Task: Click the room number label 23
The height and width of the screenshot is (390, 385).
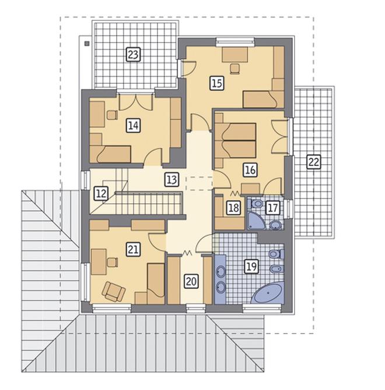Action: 134,54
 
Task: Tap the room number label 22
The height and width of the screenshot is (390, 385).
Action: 313,162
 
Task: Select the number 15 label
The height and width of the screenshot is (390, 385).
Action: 217,83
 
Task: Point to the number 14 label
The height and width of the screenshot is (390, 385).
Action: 133,125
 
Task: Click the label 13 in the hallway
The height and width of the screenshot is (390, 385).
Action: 171,179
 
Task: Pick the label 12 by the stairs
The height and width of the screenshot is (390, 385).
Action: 101,193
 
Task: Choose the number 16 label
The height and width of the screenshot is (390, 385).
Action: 250,170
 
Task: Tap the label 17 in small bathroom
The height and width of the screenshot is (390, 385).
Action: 272,208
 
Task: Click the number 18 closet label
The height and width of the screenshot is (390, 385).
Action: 233,208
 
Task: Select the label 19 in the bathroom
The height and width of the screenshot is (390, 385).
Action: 251,267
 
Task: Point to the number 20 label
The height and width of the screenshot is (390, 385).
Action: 191,281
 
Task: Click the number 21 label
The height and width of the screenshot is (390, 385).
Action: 133,249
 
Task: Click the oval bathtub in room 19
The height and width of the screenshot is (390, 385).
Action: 268,293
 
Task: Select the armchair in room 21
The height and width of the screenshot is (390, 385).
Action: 113,292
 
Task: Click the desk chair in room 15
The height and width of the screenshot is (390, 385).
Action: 235,69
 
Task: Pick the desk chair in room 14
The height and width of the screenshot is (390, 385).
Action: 112,115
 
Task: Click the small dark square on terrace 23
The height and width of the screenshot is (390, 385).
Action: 87,44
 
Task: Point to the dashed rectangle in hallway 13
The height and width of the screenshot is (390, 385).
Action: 199,183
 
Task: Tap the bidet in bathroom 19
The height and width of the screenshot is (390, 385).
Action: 276,269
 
